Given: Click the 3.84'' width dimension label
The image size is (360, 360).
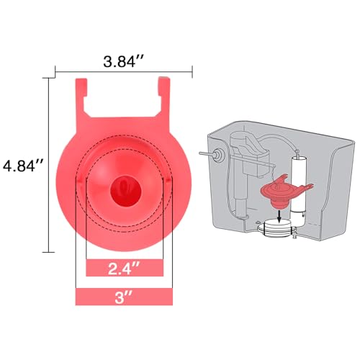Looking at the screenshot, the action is (123, 62).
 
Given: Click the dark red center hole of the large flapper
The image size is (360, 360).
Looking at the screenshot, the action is (125, 191).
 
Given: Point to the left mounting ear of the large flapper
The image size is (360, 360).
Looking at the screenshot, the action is (81, 96).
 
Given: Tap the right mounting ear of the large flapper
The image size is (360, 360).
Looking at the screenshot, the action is (165, 95).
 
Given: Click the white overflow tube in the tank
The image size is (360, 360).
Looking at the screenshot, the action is (297, 186).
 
